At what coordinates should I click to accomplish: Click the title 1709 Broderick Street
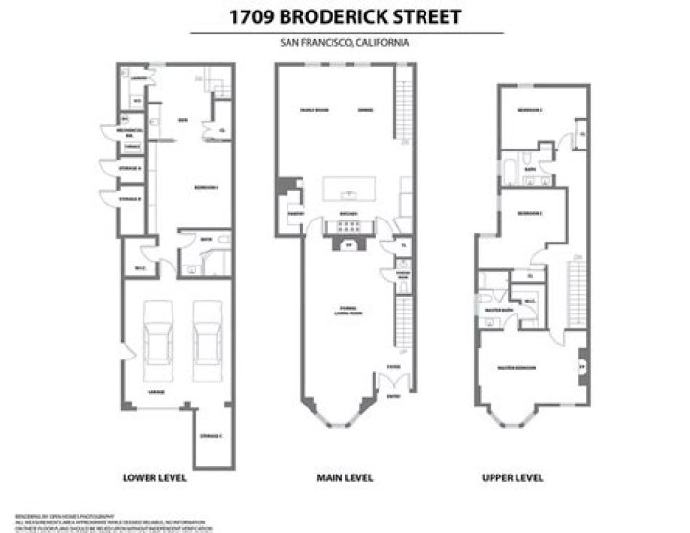point(346,16)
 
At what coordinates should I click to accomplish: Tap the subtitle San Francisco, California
point(346,43)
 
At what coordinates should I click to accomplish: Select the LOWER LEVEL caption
point(154,477)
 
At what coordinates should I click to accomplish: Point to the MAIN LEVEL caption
point(344,477)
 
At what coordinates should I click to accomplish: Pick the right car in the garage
point(207,340)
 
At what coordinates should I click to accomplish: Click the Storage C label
point(212,436)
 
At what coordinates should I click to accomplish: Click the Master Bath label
point(495,310)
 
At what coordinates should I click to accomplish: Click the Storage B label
point(130,199)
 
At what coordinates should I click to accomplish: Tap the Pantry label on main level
point(295,212)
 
